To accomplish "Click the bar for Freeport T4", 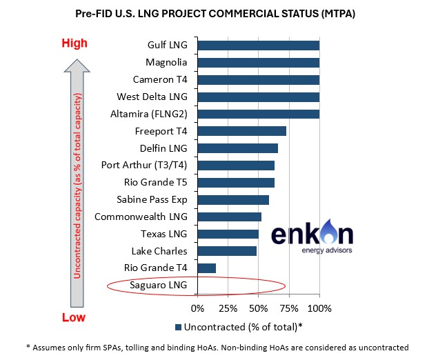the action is [242, 131].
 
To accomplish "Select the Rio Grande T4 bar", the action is [207, 268].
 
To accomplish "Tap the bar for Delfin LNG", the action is [238, 148].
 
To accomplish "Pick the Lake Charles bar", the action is [227, 251].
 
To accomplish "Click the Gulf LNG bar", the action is [259, 46].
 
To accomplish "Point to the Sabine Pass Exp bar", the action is [233, 200].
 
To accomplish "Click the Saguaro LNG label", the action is [158, 285].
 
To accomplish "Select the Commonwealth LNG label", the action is [141, 217].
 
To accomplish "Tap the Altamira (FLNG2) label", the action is [149, 114].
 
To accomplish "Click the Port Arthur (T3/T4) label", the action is [144, 166].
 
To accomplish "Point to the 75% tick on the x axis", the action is [289, 296].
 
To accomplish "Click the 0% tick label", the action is [198, 308].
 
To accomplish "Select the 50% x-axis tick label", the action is [259, 308].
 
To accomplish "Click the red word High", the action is [75, 43].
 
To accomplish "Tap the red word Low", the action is [74, 317].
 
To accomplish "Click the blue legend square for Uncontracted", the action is [179, 327].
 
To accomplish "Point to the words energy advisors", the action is [327, 250].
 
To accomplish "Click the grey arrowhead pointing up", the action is [77, 66].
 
